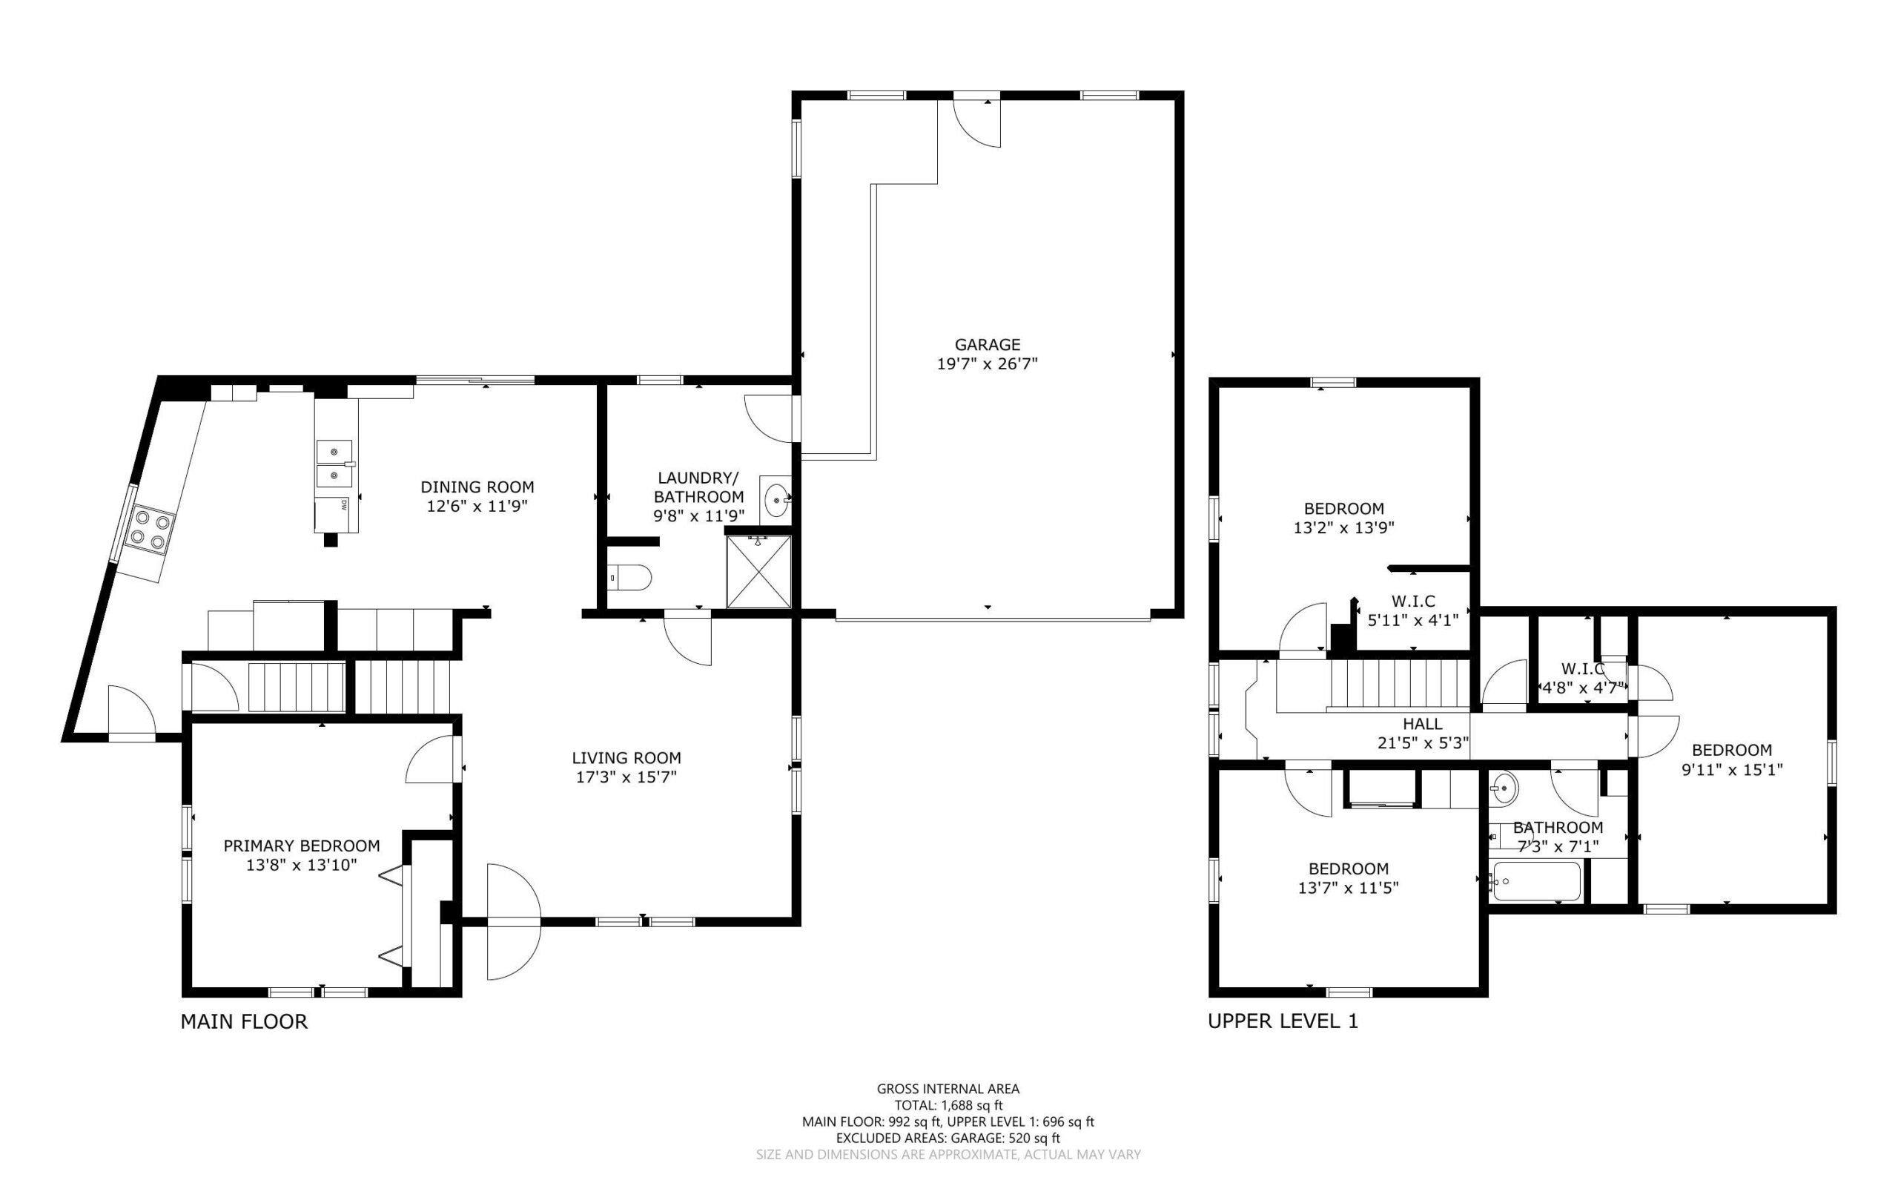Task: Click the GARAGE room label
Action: [x=987, y=344]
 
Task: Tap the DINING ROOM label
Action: [x=477, y=487]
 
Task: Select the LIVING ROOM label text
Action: [x=626, y=758]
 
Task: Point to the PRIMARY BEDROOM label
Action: [x=302, y=846]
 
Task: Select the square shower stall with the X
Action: [x=759, y=572]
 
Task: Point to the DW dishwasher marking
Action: [x=344, y=506]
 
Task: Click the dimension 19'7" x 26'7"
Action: [x=987, y=364]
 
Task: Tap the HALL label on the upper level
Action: [x=1422, y=723]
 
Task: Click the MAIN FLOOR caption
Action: [x=244, y=1021]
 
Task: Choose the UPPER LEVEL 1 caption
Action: [x=1283, y=1021]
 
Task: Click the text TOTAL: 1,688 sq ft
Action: [x=948, y=1105]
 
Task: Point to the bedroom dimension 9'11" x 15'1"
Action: [x=1732, y=769]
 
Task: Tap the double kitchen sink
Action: [x=336, y=464]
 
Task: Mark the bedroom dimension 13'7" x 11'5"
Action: [x=1349, y=888]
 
